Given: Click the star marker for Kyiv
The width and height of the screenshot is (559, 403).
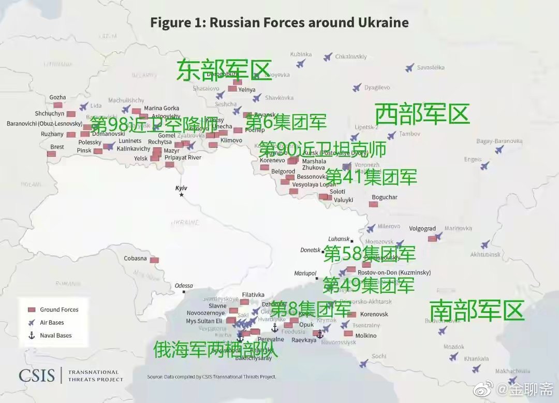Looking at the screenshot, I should coord(181,194).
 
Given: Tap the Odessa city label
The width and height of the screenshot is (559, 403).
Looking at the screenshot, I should coord(184,285).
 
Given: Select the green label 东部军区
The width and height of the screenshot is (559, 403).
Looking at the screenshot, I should coord(224,70).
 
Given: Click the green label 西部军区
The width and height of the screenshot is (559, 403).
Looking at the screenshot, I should coord(421,114).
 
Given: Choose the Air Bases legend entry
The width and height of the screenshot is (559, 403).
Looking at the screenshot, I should coord(52,323).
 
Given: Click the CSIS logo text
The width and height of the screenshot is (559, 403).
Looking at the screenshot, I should coord(37,375).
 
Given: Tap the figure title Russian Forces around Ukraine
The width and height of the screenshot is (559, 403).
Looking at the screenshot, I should coord(279,23).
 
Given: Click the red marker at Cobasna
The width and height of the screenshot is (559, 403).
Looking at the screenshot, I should coord(154,260).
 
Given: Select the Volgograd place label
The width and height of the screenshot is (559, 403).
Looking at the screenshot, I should coord(422,228).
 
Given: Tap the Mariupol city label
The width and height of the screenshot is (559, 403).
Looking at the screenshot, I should coord(305,273).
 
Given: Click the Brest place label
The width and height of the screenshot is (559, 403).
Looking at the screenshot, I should coord(57,147).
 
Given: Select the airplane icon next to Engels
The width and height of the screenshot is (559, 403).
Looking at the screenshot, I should coord(484,166).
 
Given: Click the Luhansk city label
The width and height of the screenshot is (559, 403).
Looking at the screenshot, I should coord(339,239).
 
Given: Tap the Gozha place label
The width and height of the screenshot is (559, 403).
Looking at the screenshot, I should coord(57,97).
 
